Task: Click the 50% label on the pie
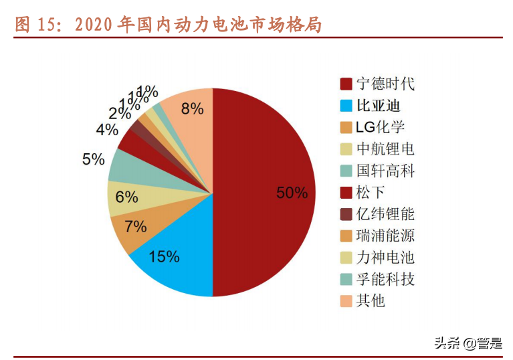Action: [x=292, y=193]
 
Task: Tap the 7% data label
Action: [x=136, y=226]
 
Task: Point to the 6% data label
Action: [x=126, y=197]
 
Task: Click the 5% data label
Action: [x=94, y=159]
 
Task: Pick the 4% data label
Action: [x=107, y=129]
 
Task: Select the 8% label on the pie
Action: [x=192, y=108]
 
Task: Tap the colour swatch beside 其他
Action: [x=346, y=300]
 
